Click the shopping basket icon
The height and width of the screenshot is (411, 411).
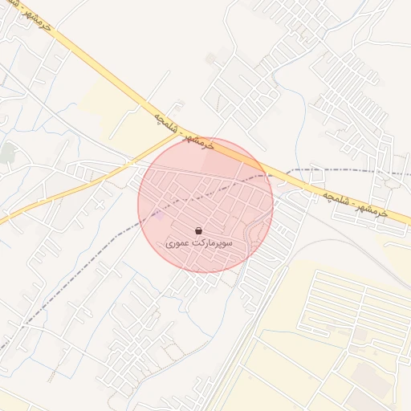(198, 230)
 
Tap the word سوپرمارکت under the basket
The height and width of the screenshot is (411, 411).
(213, 242)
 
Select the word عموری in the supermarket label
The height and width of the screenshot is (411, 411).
(179, 242)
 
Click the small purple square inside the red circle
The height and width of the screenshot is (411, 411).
(159, 215)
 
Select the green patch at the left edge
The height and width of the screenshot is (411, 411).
(8, 152)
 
